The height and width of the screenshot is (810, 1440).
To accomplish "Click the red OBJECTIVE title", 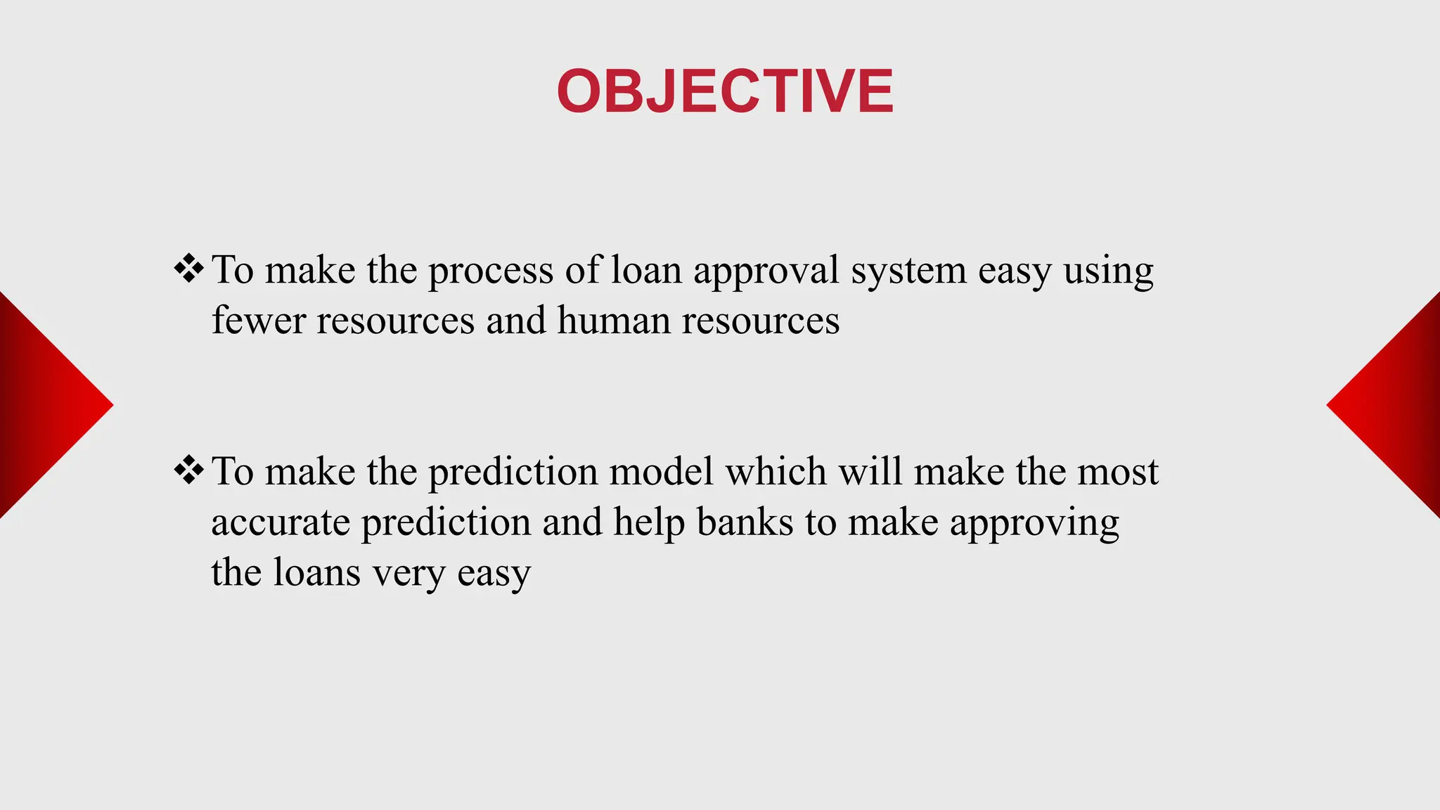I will [x=724, y=91].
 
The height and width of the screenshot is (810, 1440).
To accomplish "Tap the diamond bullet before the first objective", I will [x=188, y=269].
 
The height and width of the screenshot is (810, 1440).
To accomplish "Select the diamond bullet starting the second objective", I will [x=188, y=470].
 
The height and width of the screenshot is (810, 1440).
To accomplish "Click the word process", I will [x=491, y=271].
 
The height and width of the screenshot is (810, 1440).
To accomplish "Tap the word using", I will [x=1108, y=271].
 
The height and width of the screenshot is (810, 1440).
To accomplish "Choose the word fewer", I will [x=259, y=321].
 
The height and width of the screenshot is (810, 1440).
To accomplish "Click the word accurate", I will [x=280, y=522].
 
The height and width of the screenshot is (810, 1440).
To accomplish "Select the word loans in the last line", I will [x=316, y=572].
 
